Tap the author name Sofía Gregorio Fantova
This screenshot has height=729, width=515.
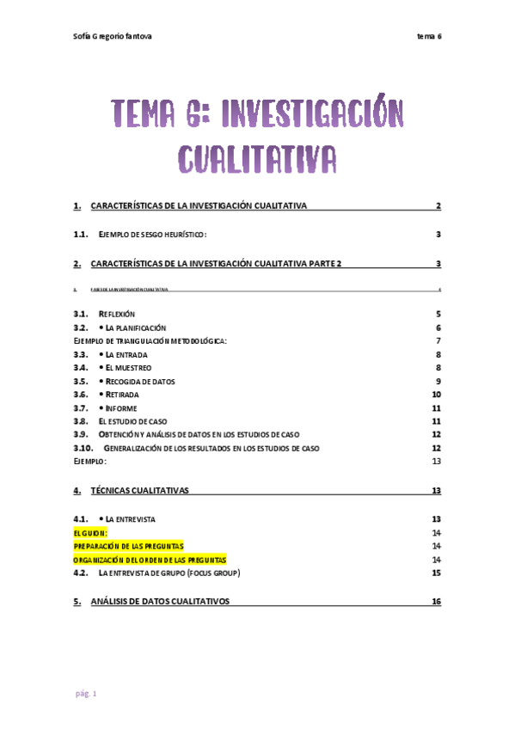click(x=114, y=35)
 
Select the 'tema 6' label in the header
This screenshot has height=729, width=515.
click(x=428, y=35)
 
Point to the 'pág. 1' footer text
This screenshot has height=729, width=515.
click(x=85, y=693)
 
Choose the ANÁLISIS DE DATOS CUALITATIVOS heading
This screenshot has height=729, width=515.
click(x=160, y=602)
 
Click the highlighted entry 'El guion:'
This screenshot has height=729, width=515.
click(x=90, y=533)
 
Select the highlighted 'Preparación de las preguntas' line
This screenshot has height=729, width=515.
click(x=128, y=546)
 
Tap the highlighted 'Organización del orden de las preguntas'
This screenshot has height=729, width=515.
click(x=150, y=560)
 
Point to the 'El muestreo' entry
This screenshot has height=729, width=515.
click(x=128, y=368)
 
